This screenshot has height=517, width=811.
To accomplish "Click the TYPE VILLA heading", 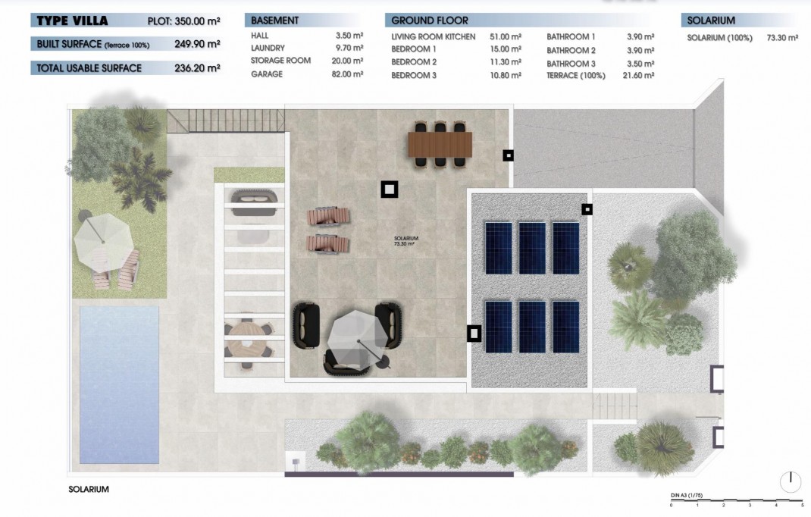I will click(x=72, y=20).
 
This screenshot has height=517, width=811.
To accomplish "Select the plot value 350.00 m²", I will click(x=196, y=20).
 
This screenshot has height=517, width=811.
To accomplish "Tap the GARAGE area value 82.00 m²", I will click(x=349, y=74).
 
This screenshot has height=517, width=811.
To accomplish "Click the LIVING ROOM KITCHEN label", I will click(x=434, y=36).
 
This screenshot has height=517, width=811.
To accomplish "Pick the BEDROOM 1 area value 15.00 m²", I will click(x=506, y=49).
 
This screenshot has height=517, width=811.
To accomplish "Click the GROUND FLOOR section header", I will click(x=430, y=20).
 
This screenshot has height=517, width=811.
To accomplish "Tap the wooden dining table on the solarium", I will click(x=440, y=143).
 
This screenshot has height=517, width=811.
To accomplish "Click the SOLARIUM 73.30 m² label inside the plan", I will click(x=406, y=241).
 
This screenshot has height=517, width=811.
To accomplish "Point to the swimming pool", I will click(x=119, y=384).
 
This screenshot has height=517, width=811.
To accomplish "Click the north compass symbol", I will click(x=790, y=481).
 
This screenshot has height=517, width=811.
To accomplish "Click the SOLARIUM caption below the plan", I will click(x=89, y=490).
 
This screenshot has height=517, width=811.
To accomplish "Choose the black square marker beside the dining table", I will click(x=508, y=155).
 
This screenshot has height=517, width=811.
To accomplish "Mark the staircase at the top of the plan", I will click(x=226, y=120).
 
